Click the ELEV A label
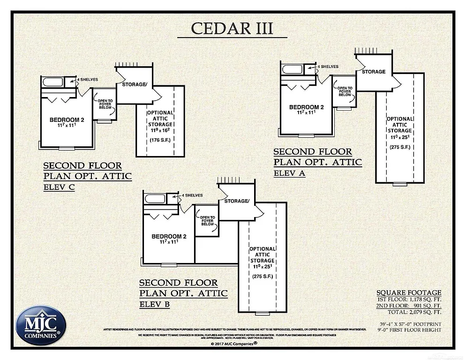tap(289, 173)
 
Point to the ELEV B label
tap(155, 304)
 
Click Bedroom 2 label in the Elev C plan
tap(67, 120)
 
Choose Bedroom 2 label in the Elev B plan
tap(169, 236)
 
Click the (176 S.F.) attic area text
tap(160, 140)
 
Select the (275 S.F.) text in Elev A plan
tap(400, 147)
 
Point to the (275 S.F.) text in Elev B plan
tap(263, 276)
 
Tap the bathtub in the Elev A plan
tap(292, 69)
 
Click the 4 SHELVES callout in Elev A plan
tap(328, 67)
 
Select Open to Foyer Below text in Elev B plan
tap(207, 220)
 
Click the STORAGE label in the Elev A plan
tap(373, 72)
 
